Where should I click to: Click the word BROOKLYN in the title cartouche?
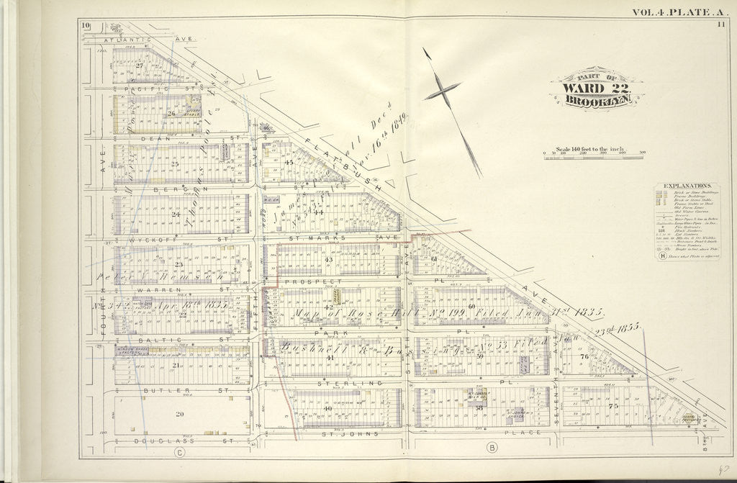tap(597, 101)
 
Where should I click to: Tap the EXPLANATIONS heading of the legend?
tap(682, 185)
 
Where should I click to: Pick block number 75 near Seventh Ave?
tap(613, 406)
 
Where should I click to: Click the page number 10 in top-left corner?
tap(86, 27)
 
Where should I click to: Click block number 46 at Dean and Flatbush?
tap(266, 129)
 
